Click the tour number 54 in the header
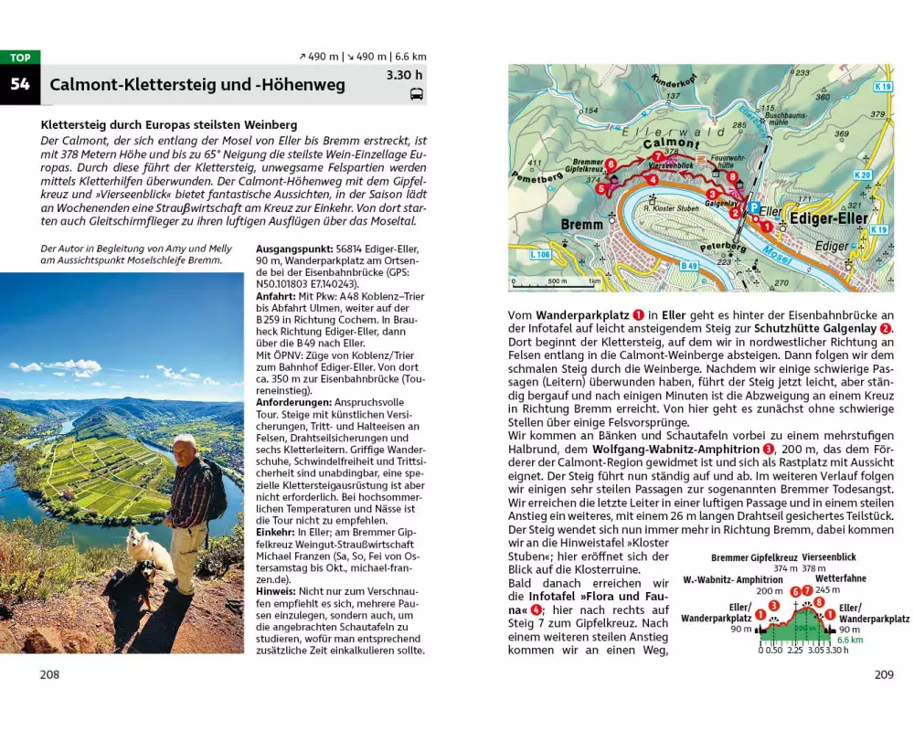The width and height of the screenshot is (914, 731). [x=20, y=85]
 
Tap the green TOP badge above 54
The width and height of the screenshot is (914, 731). [x=20, y=58]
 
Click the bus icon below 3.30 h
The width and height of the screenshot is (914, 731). [x=416, y=93]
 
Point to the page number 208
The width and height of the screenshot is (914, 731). [x=49, y=674]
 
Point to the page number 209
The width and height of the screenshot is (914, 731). [x=883, y=674]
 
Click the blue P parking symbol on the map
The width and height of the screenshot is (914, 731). [x=752, y=207]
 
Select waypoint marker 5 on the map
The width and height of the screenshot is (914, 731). [x=600, y=189]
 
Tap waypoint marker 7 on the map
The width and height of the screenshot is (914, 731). [x=658, y=154]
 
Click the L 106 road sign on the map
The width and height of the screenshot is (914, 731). [x=540, y=254]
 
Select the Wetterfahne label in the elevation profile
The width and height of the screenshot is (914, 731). [x=840, y=578]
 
